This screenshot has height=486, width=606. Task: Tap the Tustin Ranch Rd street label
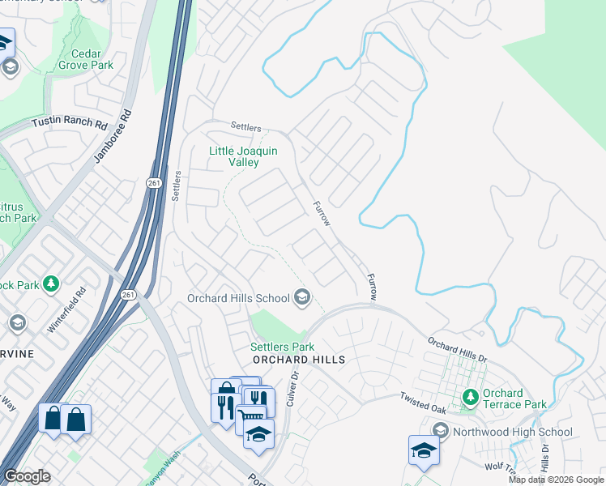coord(70,124)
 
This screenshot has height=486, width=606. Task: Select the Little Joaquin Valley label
coord(244,156)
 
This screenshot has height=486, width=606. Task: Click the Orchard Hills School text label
coord(238,298)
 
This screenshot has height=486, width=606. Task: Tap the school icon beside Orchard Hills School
coord(302,298)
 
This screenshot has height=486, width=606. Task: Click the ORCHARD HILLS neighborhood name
coord(299,360)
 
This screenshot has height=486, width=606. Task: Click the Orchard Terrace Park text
coord(514,399)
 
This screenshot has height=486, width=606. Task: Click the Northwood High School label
coord(512,432)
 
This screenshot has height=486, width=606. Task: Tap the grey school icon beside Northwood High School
coord(441,430)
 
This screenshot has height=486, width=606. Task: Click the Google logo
coord(27,476)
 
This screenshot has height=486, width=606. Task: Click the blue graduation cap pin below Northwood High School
coord(424,450)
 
